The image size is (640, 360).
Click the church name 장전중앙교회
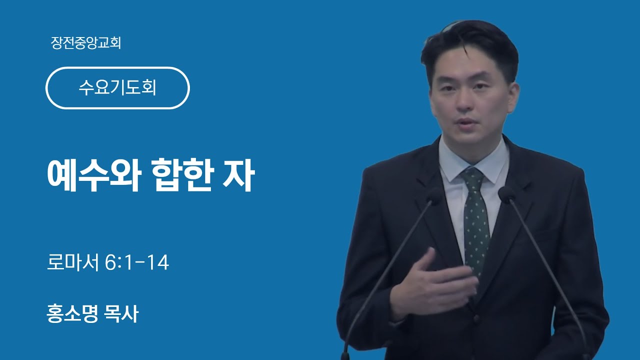tap(86, 43)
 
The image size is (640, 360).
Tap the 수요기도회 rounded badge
tap(117, 88)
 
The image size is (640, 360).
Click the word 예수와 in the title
tap(93, 175)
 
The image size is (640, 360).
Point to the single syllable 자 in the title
tap(238, 175)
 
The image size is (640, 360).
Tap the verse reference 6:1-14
tap(137, 262)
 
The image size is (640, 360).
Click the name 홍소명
tap(72, 313)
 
